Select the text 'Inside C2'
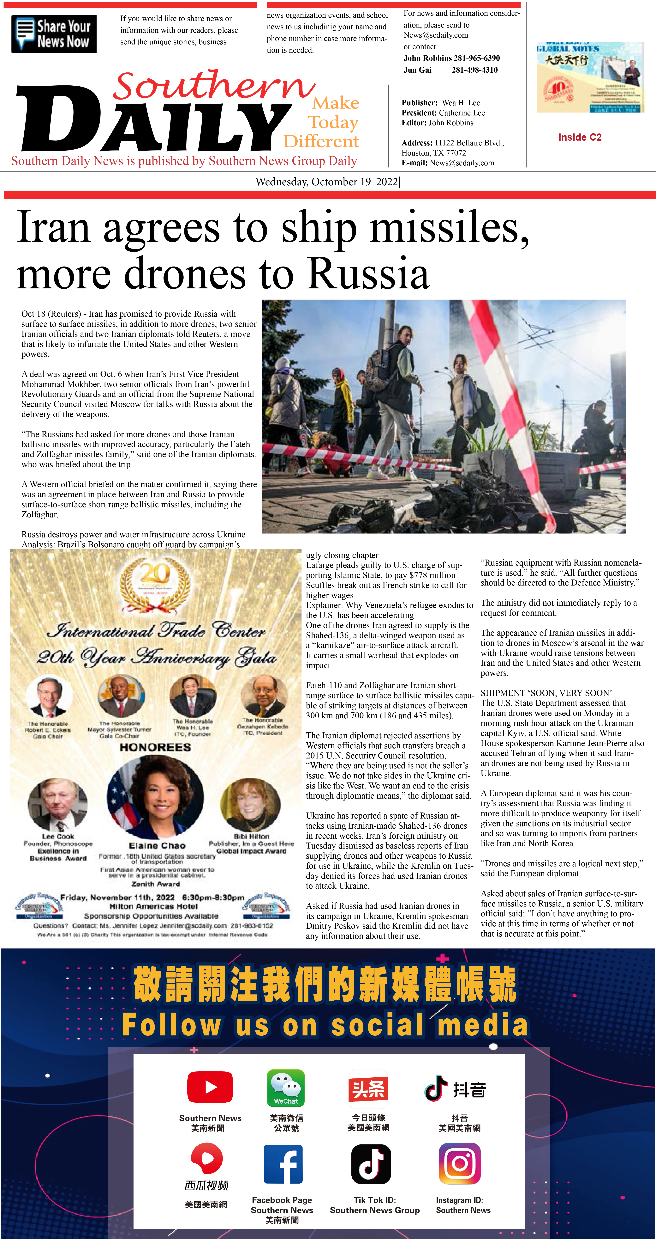point(580,137)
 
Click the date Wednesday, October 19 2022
point(327,182)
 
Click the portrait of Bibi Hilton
point(250,804)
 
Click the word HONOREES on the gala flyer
point(155,747)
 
